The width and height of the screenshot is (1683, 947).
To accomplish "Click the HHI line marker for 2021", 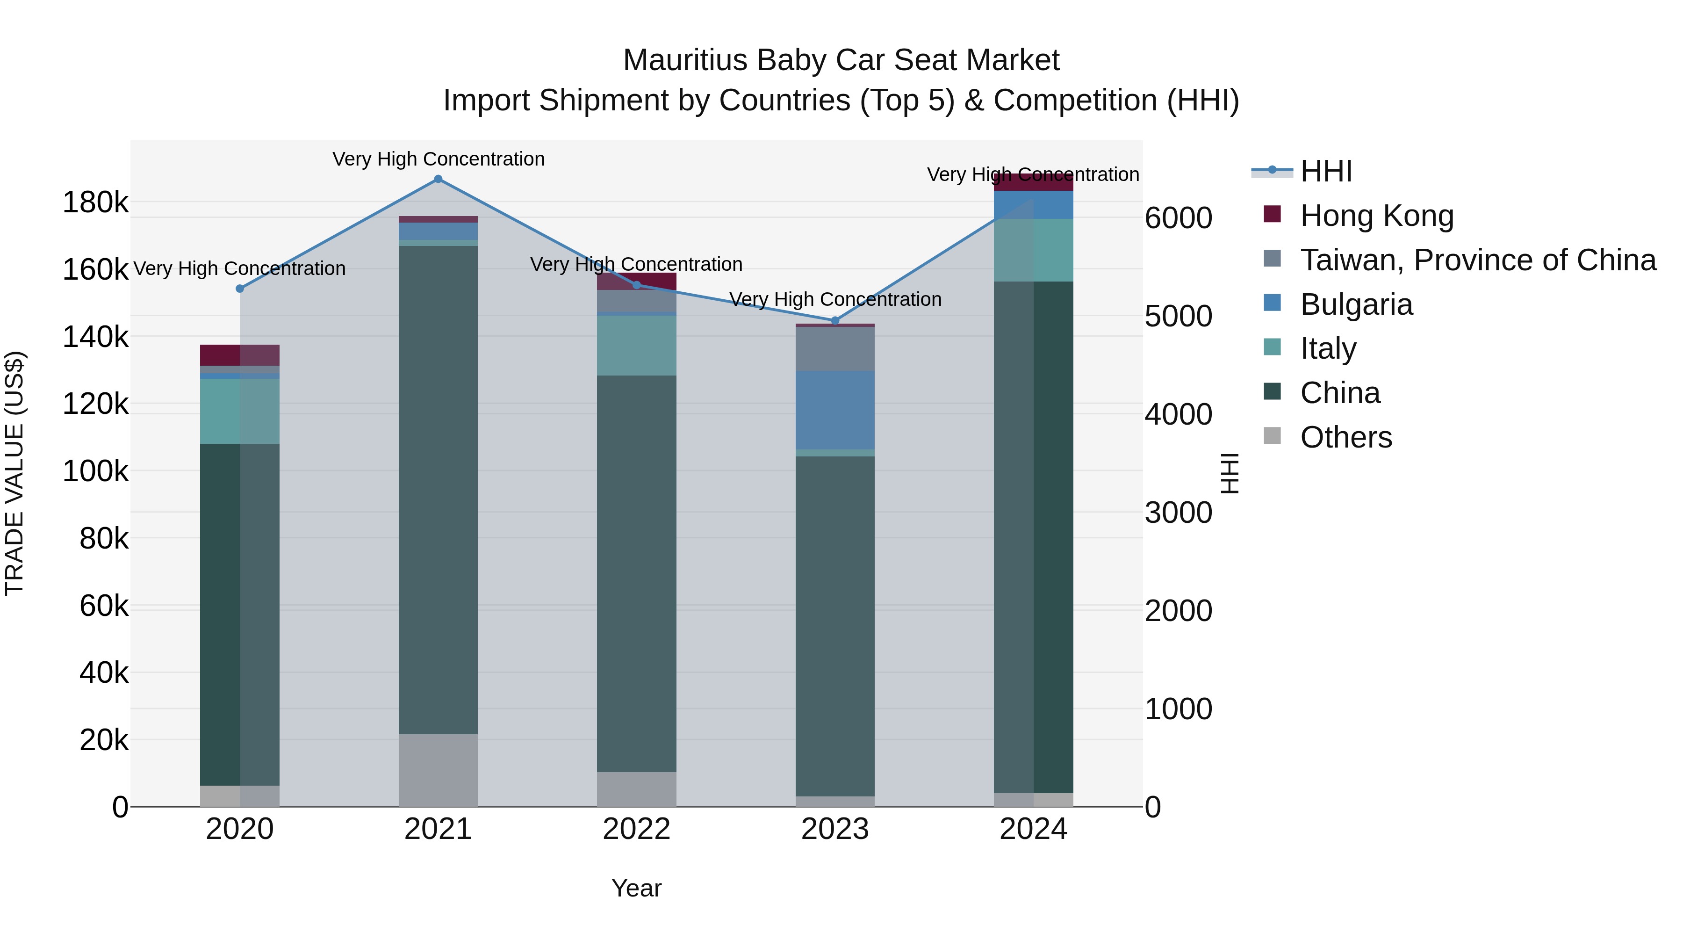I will coord(438,179).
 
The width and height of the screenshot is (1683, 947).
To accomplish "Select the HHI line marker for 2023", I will coord(834,320).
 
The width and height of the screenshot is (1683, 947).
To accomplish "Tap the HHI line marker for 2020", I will coord(240,288).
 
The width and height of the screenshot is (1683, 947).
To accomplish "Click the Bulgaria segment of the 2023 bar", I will coord(834,410).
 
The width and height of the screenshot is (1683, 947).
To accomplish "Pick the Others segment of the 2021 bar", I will coord(438,769).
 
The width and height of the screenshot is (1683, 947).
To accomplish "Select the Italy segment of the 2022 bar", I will coord(636,345).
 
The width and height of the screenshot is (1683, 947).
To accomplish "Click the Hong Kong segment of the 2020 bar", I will coord(240,355).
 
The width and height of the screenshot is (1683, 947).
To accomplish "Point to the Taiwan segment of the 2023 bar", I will coord(834,348).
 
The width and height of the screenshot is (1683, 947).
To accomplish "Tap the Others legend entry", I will coord(1346,437).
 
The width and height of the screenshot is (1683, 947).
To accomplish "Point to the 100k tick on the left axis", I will coord(95,471).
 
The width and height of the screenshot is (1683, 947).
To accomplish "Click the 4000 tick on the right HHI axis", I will coord(1178,414).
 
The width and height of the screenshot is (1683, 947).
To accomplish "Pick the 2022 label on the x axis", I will coord(636,829).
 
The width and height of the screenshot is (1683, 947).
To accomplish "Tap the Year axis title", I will coord(636,888).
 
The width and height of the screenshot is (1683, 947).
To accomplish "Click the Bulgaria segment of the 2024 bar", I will coord(1033,204).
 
